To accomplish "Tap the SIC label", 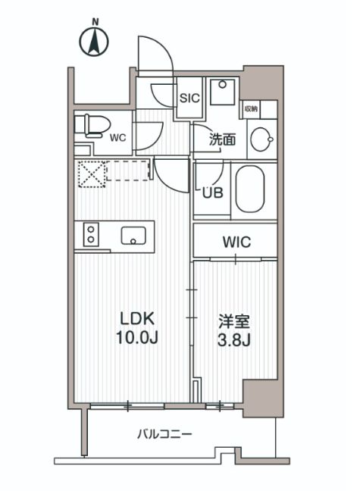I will [188, 98].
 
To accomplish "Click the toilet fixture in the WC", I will [91, 126].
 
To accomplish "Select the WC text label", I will [117, 139].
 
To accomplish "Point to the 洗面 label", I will [222, 139].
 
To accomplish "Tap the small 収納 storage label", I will [251, 109].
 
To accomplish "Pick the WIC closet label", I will [236, 242].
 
